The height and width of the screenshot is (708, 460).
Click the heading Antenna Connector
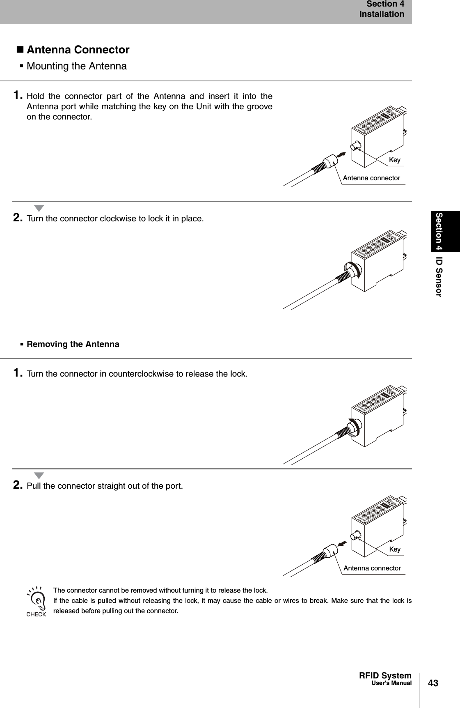(78, 50)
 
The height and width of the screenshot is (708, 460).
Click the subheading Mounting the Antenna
(76, 66)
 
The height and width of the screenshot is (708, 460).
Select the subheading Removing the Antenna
(73, 344)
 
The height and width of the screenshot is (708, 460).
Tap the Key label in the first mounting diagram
(394, 160)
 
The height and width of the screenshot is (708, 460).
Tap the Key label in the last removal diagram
(395, 549)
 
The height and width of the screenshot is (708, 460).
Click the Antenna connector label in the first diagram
(371, 178)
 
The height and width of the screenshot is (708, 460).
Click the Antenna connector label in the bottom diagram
(372, 568)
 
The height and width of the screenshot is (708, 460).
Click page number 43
(433, 683)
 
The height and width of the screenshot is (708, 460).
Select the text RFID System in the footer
(385, 675)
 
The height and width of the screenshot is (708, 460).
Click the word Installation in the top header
(382, 14)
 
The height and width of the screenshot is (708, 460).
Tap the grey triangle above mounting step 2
(39, 208)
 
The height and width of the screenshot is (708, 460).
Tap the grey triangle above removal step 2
(39, 476)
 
